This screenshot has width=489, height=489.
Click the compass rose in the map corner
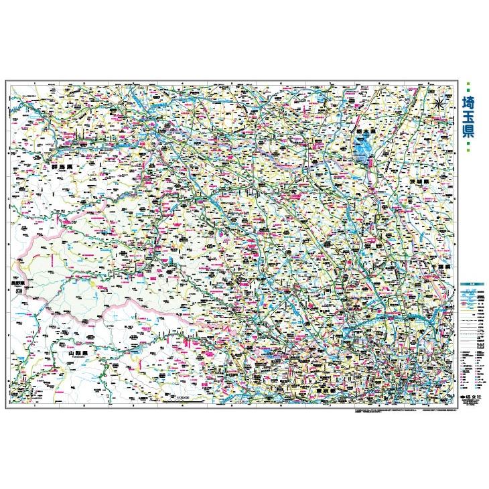pyautogui.click(x=438, y=103)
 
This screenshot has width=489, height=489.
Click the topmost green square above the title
pyautogui.click(x=468, y=85)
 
